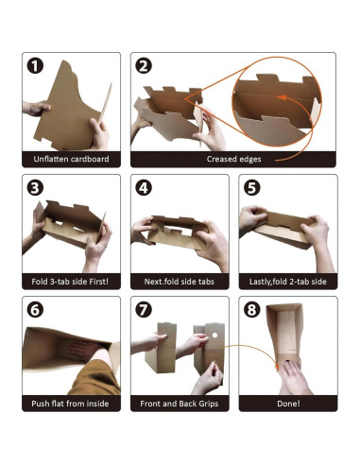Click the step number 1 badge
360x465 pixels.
[x=35, y=66]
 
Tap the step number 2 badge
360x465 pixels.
[x=144, y=66]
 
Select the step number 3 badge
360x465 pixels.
[x=35, y=188]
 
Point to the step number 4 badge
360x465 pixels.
[x=144, y=188]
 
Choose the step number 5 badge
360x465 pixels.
[x=252, y=188]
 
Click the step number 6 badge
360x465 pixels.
[x=35, y=310]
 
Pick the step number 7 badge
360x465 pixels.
[x=144, y=310]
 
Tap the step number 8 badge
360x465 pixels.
[x=252, y=310]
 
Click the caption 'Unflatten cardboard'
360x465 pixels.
[x=71, y=159]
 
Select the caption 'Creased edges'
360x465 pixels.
[x=233, y=159]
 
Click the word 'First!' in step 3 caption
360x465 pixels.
[x=98, y=281]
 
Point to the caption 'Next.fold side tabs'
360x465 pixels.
[x=180, y=281]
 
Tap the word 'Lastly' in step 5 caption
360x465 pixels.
[x=260, y=282]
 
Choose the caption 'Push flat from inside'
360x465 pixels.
[x=70, y=404]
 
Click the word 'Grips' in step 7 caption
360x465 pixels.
[x=209, y=404]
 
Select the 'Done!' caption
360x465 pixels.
[x=288, y=404]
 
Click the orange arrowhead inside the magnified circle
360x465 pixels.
[x=282, y=97]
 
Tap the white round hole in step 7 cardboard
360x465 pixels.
[x=214, y=336]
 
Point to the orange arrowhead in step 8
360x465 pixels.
[x=277, y=367]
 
